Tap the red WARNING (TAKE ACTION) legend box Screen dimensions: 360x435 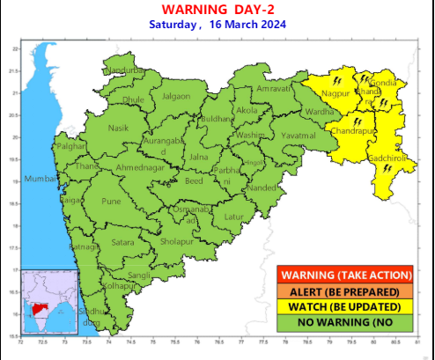344,275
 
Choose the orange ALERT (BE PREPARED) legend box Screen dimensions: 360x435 344,290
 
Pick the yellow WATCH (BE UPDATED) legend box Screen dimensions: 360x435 344,306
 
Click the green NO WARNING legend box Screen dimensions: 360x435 344,322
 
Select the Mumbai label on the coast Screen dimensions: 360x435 41,180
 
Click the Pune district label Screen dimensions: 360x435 112,202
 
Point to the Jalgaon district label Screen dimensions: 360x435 175,95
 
